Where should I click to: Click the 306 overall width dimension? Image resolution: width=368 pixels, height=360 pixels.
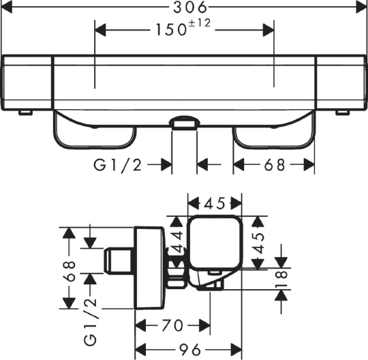coord(190,7)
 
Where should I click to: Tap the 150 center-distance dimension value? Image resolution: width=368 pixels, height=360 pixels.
coord(171,30)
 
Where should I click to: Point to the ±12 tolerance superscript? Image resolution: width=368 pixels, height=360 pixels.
coord(199,23)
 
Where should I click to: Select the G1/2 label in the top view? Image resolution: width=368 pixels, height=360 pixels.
coord(118,165)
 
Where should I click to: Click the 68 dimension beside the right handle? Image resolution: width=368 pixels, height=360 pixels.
coord(275,165)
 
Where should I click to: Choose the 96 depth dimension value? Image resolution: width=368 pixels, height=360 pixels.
coord(190,350)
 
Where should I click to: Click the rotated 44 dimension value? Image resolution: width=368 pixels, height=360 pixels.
coord(177,242)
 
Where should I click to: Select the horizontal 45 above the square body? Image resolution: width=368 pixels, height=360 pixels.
coord(215,203)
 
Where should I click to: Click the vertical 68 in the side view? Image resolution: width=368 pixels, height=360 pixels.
coord(70,271)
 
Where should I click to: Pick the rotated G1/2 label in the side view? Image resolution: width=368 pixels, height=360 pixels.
coord(91,322)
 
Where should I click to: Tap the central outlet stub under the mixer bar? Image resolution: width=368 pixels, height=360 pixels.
coord(184,123)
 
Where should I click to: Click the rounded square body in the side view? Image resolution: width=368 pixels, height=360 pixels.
coord(215,242)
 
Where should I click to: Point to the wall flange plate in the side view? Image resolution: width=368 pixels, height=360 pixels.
coord(149,268)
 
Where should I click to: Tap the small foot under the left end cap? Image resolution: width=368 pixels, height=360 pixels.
coord(26,112)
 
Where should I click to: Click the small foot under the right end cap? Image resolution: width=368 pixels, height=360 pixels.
coord(342,112)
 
